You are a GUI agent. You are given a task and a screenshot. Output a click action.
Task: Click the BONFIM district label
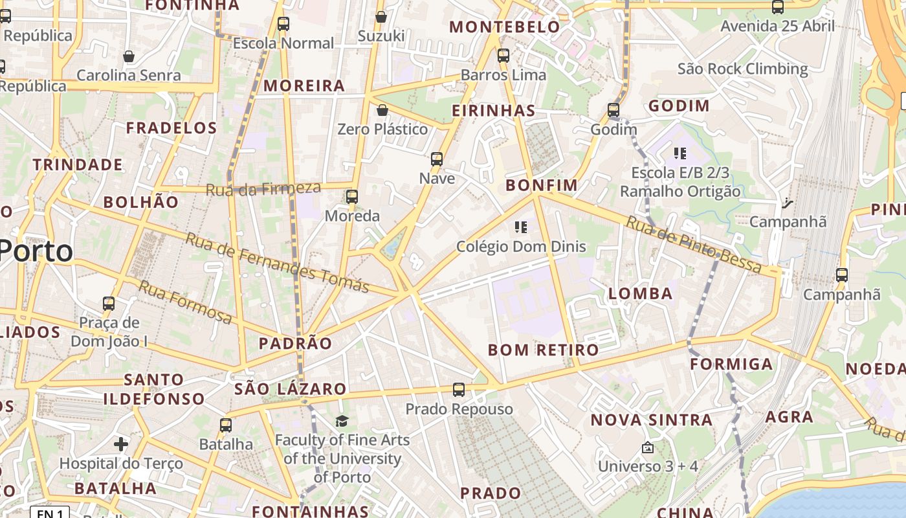[x=541, y=185]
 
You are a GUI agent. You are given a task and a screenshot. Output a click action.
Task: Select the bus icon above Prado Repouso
[x=459, y=390]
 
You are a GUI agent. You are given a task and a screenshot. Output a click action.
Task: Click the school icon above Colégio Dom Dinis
[x=521, y=227]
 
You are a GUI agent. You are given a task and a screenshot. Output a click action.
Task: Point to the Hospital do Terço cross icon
[x=121, y=444]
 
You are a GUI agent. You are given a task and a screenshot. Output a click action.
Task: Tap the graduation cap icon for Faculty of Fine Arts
[x=342, y=422]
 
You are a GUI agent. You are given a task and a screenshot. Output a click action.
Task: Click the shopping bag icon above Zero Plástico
[x=382, y=110]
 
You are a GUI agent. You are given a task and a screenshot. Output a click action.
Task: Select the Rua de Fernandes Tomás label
[x=277, y=262]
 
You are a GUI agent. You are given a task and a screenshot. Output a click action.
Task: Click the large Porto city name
[x=36, y=251]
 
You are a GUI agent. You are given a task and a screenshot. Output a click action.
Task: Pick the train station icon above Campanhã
[x=787, y=203]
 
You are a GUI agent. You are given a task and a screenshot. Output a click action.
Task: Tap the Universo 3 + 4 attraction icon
[x=647, y=447]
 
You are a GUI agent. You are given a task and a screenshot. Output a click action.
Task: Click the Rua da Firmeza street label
[x=263, y=189]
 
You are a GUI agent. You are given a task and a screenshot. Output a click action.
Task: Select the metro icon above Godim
[x=613, y=110]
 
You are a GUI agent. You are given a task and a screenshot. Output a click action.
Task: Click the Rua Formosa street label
[x=185, y=302]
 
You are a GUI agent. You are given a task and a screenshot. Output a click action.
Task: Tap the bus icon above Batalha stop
[x=226, y=425]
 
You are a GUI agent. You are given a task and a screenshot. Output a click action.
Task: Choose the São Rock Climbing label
[x=743, y=69]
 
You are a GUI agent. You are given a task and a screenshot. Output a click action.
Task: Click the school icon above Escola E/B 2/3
[x=679, y=153]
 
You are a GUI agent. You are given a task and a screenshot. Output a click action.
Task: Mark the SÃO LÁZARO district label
[x=291, y=389]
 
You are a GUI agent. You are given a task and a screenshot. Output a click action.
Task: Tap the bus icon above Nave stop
[x=437, y=159]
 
